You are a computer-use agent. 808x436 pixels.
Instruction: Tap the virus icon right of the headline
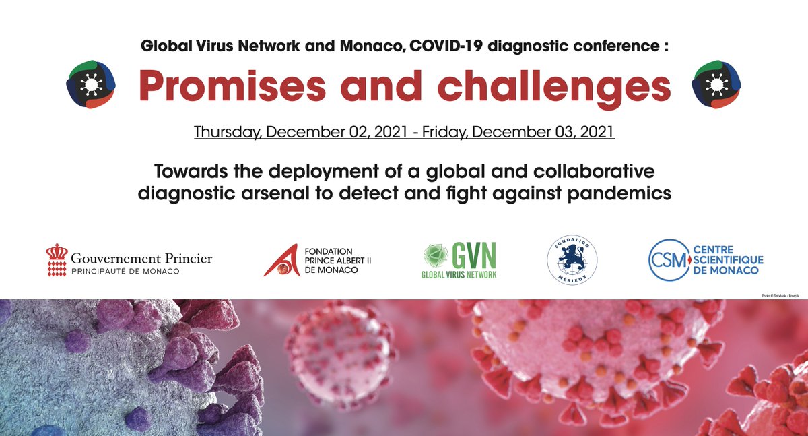(x=716, y=84)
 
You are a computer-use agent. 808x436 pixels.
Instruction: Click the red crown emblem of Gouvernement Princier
(x=57, y=259)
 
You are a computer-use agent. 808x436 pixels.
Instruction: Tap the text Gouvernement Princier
(x=141, y=258)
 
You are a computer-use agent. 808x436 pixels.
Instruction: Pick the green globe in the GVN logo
(x=436, y=255)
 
